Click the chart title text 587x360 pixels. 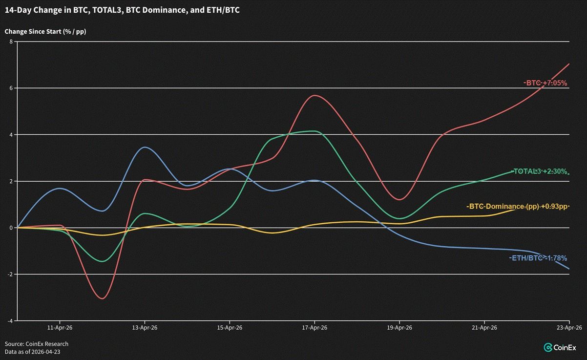click(122, 10)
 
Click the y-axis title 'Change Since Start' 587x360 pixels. click(49, 32)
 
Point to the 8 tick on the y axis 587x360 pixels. click(11, 42)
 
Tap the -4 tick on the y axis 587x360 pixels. click(10, 321)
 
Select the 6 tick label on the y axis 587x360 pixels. click(11, 88)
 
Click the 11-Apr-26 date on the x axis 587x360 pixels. click(60, 328)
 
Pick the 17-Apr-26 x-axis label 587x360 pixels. click(314, 328)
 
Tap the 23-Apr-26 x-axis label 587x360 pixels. click(570, 328)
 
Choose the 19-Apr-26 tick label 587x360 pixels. click(399, 328)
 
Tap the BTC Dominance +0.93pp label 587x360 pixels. click(518, 207)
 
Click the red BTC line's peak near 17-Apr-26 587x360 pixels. click(314, 95)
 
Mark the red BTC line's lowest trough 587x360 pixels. click(102, 298)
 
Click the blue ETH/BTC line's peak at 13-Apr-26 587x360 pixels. click(144, 147)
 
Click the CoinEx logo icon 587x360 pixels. click(548, 347)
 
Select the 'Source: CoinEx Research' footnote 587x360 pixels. click(37, 344)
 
